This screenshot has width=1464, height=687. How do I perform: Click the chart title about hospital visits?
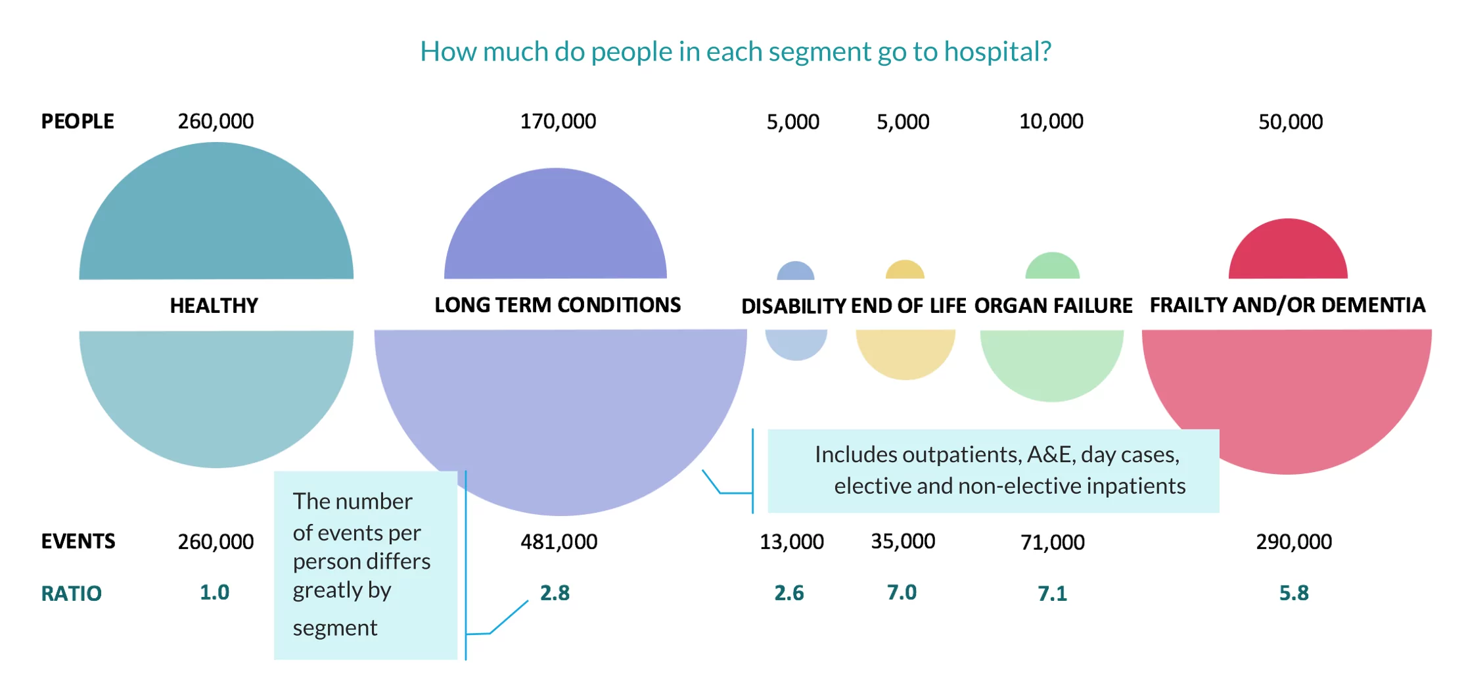pyautogui.click(x=735, y=52)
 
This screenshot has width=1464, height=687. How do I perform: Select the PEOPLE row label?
pyautogui.click(x=78, y=122)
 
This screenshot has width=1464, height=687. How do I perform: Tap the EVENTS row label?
pyautogui.click(x=78, y=542)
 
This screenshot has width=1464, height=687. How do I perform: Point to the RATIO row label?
pyautogui.click(x=71, y=594)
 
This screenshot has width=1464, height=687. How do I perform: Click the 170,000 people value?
pyautogui.click(x=558, y=122)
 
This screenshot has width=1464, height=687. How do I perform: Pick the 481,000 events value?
pyautogui.click(x=559, y=542)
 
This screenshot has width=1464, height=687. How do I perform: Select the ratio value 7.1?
pyautogui.click(x=1052, y=594)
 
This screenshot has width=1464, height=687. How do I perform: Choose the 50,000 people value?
pyautogui.click(x=1291, y=122)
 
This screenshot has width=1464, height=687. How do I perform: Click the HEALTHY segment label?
pyautogui.click(x=214, y=306)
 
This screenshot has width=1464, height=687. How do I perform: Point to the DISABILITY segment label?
pyautogui.click(x=793, y=306)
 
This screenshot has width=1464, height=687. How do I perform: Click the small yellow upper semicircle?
pyautogui.click(x=905, y=271)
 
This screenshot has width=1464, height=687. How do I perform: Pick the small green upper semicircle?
pyautogui.click(x=1052, y=268)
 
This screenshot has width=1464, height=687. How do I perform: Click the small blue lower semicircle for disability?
pyautogui.click(x=796, y=343)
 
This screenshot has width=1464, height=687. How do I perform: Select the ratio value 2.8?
pyautogui.click(x=555, y=593)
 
